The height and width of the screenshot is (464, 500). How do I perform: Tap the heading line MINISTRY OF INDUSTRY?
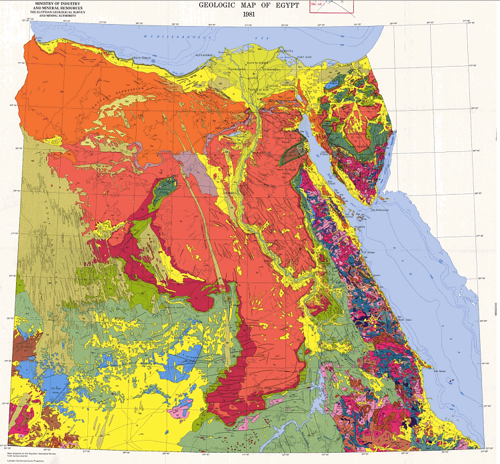(45, 3)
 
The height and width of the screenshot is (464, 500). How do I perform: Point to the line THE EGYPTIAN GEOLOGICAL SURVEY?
(45, 13)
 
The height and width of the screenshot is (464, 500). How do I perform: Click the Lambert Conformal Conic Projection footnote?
(27, 460)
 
